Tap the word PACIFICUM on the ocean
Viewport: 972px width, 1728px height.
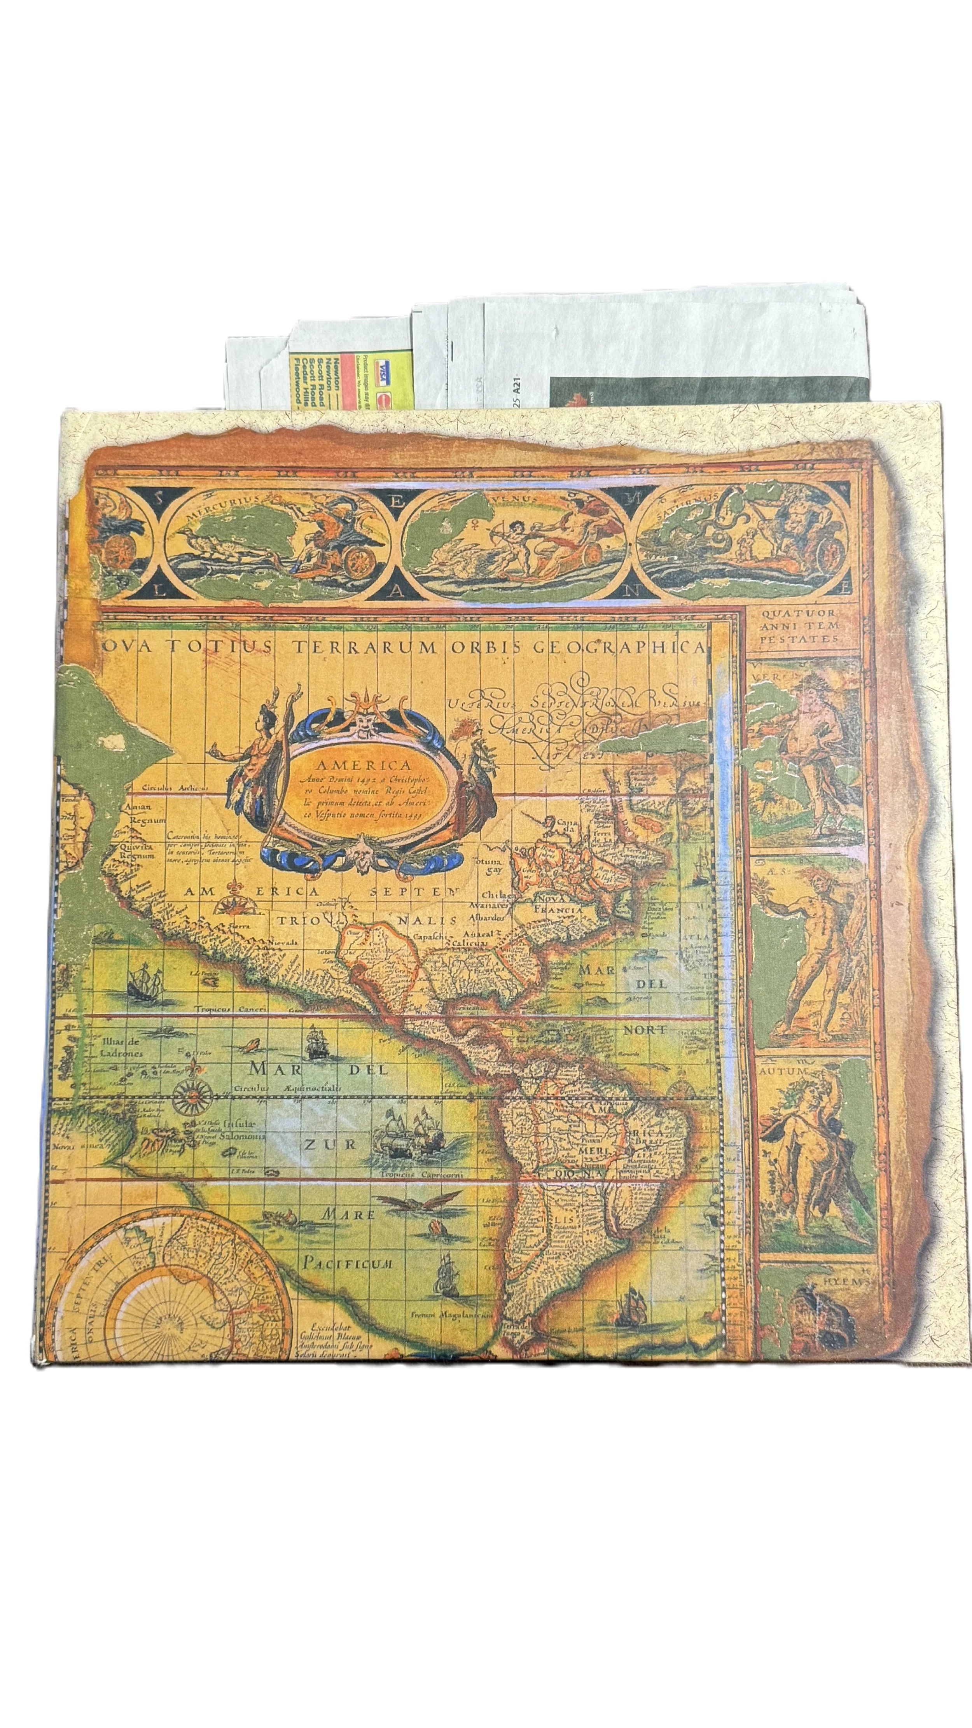click(x=347, y=1263)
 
